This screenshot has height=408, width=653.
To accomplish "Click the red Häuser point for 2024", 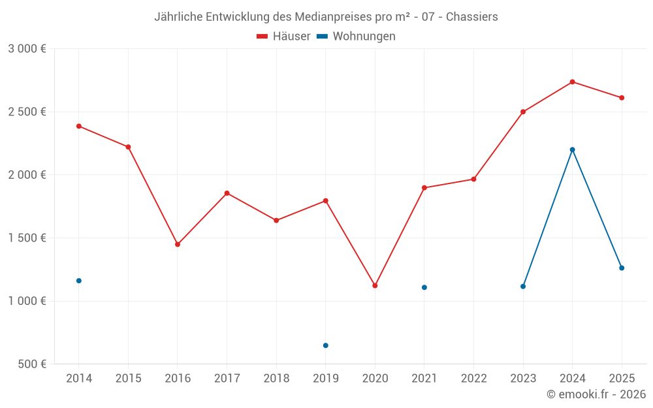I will coord(572,82).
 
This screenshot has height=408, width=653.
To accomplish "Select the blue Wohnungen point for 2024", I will coord(572,149).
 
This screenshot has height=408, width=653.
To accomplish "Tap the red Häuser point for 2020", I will coord(375,285).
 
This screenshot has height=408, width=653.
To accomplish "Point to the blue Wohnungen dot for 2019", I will coord(325,345).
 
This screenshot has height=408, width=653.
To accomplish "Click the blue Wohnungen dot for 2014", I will coord(79,281).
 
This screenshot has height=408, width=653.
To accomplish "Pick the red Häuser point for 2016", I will coord(178,244).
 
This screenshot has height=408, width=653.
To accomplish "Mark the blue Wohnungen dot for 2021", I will coord(424,287).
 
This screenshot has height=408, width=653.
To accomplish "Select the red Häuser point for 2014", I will coord(79,126).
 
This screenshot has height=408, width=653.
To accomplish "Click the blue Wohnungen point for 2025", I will coord(622,268).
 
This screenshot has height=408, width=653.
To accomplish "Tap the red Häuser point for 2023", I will coord(523,112).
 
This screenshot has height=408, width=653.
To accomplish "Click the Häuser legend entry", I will coord(283,37).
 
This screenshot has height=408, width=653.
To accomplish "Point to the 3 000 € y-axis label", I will coord(27,49).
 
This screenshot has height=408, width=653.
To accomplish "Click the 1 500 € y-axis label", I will coord(27,238).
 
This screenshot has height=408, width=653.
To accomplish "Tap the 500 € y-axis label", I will coord(31,364).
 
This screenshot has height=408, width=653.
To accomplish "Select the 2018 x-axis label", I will coord(276,379).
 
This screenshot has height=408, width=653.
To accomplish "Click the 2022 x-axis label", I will coord(473,379).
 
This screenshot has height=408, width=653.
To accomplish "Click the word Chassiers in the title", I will coord(471,17).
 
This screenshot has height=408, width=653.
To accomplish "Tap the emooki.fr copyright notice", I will coord(596,394).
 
